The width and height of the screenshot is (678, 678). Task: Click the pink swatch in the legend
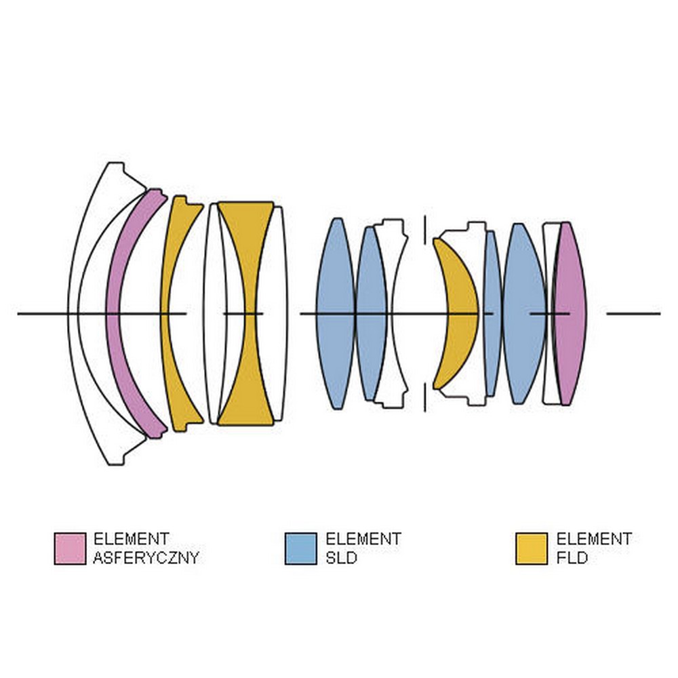point(70,549)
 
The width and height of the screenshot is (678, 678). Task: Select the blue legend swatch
point(301,549)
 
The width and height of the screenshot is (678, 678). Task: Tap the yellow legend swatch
point(532,549)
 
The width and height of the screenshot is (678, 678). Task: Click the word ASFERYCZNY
point(146,558)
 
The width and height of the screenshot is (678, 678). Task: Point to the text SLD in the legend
point(341,558)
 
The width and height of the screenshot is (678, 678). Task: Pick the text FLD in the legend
point(572,558)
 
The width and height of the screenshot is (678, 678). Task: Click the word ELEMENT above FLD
point(594,539)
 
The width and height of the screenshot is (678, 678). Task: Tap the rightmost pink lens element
point(570,313)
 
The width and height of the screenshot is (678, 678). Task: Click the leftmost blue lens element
point(335,313)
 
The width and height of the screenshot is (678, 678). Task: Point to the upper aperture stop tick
point(424,228)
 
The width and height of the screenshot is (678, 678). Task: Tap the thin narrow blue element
point(492,313)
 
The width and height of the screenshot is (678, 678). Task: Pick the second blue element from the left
point(370,313)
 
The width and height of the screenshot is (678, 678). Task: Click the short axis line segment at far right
point(633,313)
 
